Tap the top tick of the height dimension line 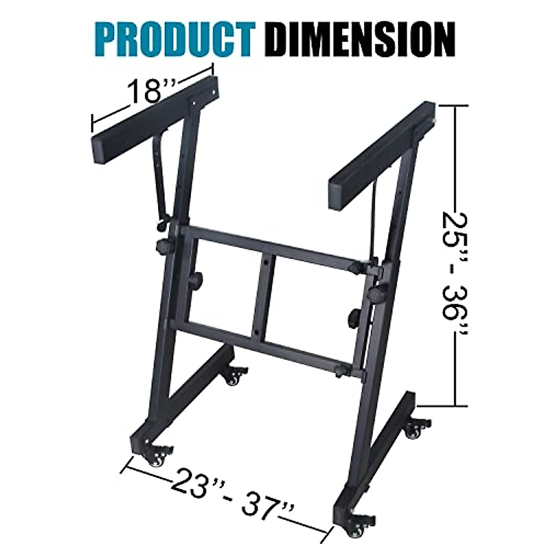454,105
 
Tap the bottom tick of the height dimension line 454,405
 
